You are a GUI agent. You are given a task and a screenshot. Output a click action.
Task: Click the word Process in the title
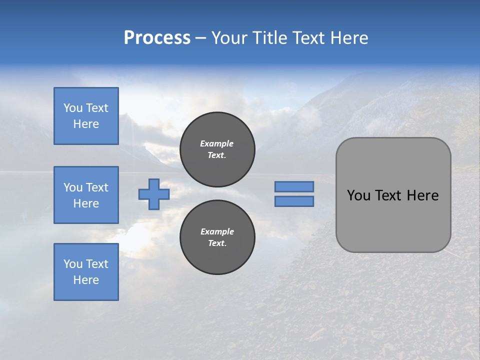coord(157,38)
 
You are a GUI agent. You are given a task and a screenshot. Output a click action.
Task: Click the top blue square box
coord(86,116)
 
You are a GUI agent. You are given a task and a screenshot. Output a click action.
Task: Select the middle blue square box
coord(86,195)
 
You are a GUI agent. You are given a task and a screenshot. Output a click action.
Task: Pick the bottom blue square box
coord(86,272)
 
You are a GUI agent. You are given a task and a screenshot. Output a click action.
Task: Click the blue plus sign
coord(153,194)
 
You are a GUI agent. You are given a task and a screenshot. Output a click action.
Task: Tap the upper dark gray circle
coord(217,149)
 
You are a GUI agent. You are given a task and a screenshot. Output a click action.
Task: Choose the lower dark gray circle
coord(217,237)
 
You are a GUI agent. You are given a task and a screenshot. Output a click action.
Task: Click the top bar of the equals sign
coord(294,186)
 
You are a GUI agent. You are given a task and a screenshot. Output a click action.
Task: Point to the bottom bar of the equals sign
coord(294,201)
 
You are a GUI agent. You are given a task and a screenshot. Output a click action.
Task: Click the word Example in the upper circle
coord(216,143)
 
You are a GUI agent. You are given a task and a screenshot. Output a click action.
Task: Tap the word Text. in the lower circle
coord(217,243)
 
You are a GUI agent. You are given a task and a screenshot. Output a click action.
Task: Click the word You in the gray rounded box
coord(358,195)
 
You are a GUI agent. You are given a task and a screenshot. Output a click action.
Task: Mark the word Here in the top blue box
coord(86,124)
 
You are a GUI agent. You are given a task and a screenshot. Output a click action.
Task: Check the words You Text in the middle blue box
coord(86,187)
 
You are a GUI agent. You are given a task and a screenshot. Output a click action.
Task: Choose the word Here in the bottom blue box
coord(86,280)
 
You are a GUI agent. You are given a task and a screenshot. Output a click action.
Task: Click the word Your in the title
coord(228,38)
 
